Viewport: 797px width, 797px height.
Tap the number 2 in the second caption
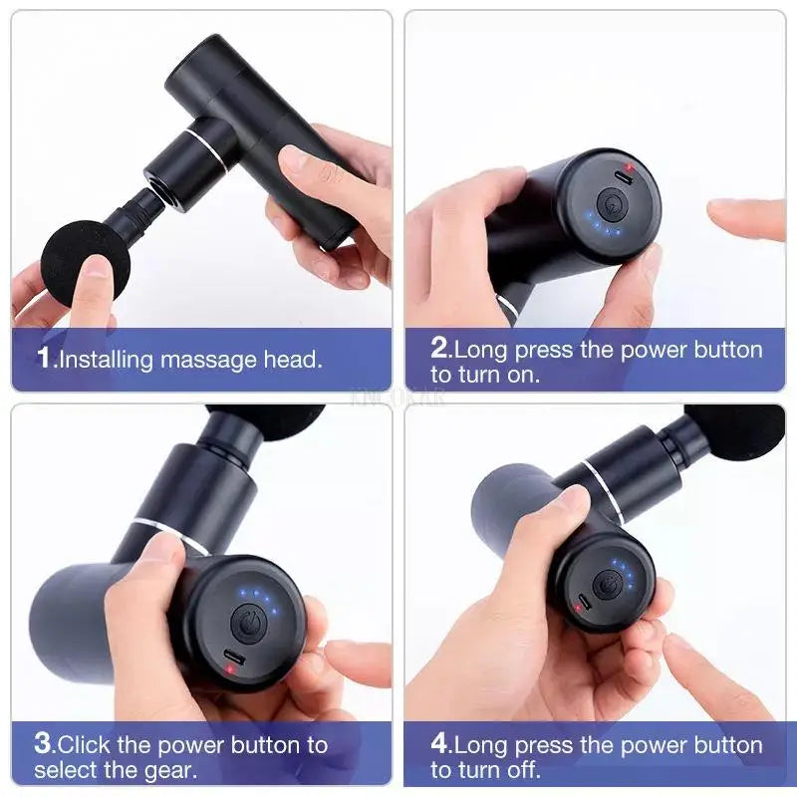[440, 350]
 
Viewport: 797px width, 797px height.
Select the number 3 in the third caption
[43, 743]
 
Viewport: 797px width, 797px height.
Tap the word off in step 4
[523, 770]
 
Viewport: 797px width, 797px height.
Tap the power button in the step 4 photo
[607, 585]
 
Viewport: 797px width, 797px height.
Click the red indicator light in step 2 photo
[627, 167]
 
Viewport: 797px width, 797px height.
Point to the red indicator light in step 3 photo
[231, 668]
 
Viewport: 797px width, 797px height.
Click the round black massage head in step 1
[76, 261]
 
